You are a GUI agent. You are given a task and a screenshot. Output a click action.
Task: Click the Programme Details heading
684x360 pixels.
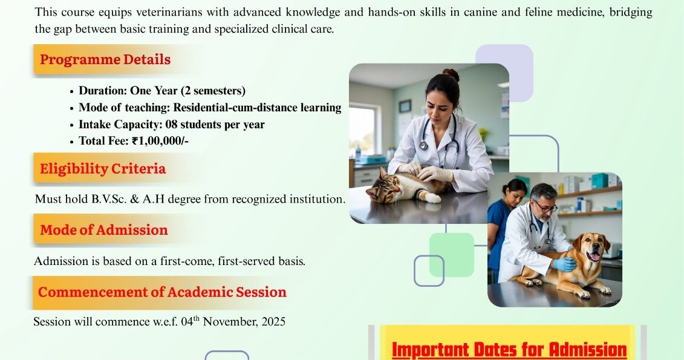coord(105,60)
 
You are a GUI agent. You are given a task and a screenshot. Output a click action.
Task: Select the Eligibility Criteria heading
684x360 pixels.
coord(103,169)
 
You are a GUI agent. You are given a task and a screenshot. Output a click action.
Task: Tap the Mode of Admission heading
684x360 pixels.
coord(104,230)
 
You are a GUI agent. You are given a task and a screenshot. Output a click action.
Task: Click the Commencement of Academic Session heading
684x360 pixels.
coord(162,292)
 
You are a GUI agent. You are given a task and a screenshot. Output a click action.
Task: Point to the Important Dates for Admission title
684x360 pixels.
coord(509,350)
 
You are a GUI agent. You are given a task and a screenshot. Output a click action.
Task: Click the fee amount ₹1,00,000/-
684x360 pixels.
coord(160,141)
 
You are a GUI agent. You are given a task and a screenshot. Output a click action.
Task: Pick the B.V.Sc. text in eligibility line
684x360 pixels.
coord(109,199)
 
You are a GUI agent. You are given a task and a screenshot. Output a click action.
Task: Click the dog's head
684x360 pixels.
coord(590,248)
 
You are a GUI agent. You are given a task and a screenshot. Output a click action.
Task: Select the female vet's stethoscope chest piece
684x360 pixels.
coord(423,145)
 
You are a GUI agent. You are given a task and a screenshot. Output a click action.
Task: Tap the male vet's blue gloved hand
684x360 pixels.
coord(564,264)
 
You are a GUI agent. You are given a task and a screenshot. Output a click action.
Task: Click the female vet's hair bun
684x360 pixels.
coord(451,74)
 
